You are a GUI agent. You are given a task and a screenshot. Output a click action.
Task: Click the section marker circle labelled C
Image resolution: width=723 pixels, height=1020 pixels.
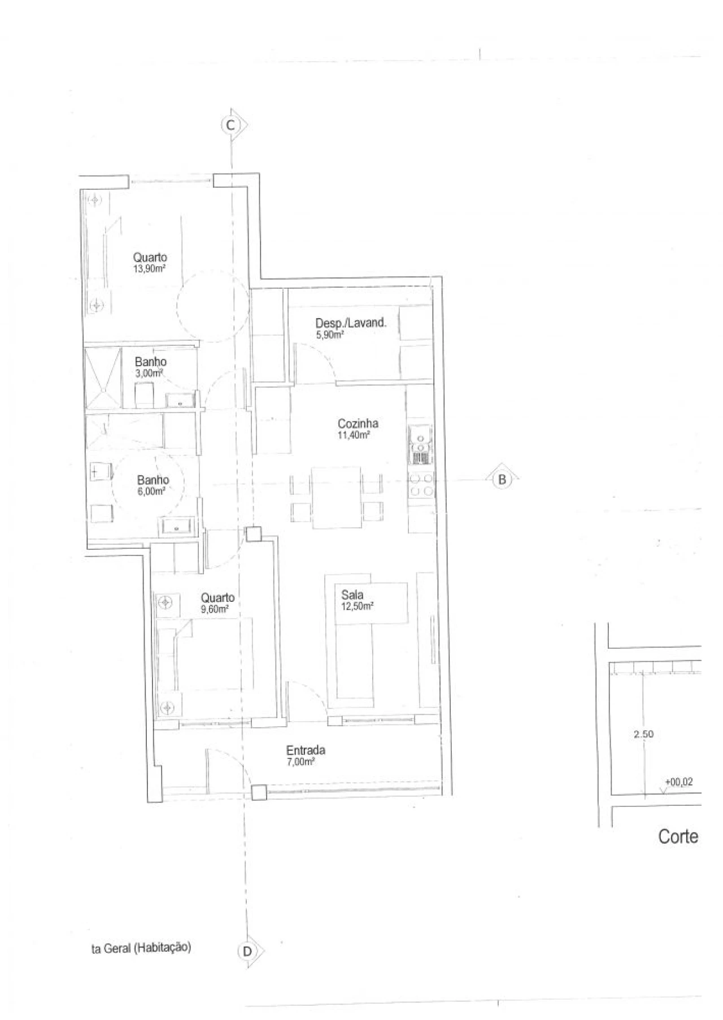coord(230,125)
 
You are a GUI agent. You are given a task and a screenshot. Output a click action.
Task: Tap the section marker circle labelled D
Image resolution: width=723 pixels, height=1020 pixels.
coord(247,952)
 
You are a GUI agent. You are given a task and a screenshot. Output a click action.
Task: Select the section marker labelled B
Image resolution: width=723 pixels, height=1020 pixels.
coord(501,480)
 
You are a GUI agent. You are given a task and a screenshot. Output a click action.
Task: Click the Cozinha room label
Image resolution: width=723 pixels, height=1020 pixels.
coord(358,423)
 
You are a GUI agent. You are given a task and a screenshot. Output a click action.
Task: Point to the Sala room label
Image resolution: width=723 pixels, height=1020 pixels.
coord(352,594)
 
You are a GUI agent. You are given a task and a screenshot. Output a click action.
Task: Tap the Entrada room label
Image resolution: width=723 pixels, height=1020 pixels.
coord(306,750)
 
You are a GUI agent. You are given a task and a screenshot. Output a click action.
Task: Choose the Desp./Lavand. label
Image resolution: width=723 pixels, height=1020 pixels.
coord(351,323)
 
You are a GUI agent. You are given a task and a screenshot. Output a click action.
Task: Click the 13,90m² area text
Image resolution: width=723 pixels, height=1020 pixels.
coord(149,269)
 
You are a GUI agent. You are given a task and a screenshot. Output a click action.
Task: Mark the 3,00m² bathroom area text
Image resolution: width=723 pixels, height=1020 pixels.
coord(149,373)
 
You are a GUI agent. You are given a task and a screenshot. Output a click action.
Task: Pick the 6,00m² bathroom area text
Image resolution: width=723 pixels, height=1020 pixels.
coord(151,492)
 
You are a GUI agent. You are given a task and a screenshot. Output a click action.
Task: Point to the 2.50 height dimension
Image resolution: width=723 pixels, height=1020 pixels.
coord(643,734)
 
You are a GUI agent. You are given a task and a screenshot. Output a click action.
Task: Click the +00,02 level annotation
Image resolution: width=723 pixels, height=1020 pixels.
coord(678,782)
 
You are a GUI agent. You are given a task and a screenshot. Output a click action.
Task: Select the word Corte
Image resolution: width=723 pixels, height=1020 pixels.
coord(678,837)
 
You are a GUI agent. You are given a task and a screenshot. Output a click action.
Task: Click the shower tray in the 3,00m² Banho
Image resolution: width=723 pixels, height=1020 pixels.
coord(103,378)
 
